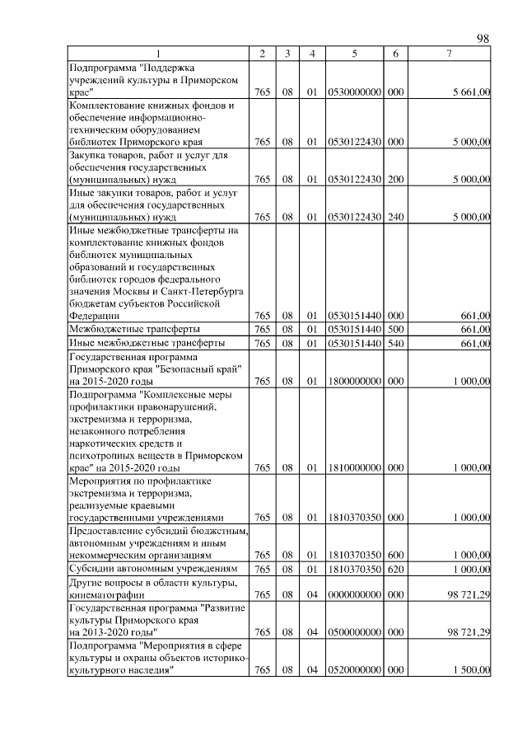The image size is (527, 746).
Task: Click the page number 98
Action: (483, 39)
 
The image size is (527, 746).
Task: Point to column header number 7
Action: (449, 54)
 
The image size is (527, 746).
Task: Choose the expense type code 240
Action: (396, 217)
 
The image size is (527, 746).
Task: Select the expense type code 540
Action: (396, 343)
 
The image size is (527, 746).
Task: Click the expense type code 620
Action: (396, 569)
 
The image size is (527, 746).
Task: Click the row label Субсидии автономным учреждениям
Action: (153, 569)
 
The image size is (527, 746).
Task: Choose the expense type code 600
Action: (396, 556)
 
